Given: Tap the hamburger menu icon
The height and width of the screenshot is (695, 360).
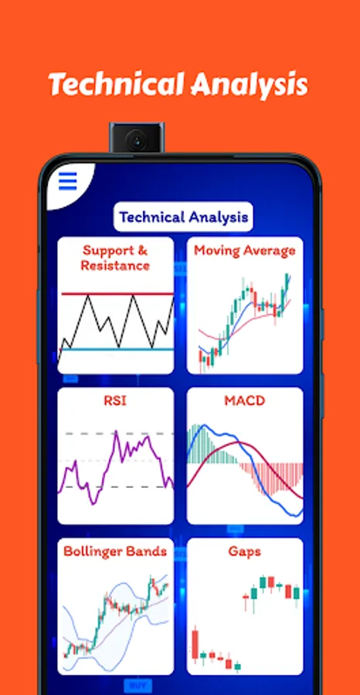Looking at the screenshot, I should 68,181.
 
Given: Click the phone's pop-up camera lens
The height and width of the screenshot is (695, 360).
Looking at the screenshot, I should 136,141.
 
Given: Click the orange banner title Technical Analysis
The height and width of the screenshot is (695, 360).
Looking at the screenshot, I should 178,84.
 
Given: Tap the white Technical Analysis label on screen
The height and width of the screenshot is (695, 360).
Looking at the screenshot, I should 184,217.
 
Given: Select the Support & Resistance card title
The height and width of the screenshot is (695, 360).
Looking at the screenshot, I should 116,258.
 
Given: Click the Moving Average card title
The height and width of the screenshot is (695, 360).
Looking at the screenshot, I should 244,250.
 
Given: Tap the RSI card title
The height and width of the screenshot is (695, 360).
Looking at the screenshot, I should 116,401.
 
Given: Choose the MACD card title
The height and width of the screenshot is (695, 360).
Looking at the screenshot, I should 244,401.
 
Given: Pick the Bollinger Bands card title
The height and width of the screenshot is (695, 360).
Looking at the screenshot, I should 116,551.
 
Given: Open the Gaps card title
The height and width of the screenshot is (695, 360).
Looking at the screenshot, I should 244,551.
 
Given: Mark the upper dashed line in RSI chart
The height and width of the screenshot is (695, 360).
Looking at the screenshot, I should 85,433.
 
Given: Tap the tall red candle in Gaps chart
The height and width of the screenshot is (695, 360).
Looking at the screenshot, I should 194,645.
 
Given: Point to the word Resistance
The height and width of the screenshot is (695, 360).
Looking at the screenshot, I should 116,266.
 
